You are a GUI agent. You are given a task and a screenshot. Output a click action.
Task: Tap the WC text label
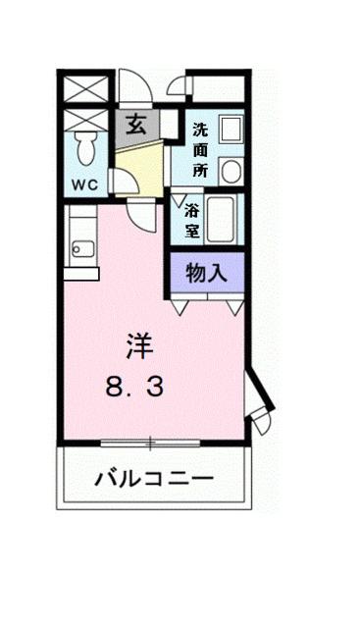(x=83, y=183)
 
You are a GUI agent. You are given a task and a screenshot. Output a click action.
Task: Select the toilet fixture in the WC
(x=85, y=150)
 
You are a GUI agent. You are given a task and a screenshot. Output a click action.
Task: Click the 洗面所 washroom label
(x=200, y=147)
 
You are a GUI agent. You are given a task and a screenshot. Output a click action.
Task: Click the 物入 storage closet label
(x=207, y=274)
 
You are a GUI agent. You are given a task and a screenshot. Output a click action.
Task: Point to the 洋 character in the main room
(x=138, y=344)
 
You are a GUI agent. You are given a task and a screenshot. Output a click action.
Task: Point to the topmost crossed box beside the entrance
(x=83, y=87)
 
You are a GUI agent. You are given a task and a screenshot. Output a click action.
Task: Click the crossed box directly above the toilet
(x=83, y=120)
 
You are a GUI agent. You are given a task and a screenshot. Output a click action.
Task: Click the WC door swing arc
(x=124, y=183)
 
